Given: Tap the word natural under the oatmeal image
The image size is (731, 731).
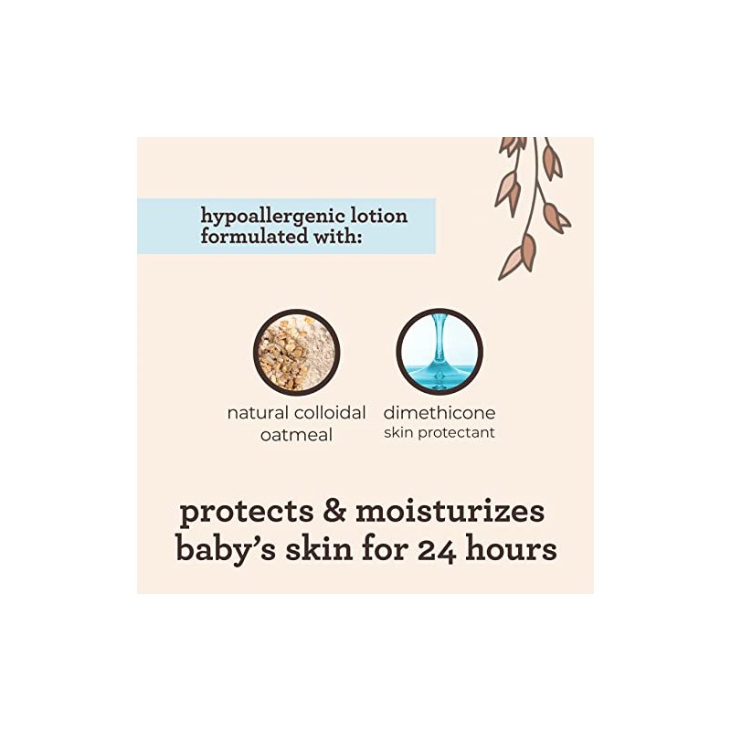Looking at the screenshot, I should point(257,413).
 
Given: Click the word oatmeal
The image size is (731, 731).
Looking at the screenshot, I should point(296,435).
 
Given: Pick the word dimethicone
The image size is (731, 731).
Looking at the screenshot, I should point(440,413).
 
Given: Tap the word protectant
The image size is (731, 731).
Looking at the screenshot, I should point(458,433).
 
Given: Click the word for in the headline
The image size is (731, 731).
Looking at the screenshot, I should point(383,551).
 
